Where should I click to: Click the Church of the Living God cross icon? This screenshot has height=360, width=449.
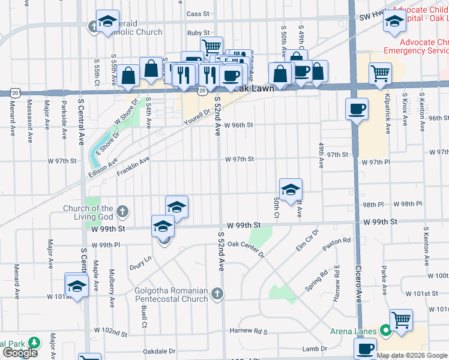tap(122, 211)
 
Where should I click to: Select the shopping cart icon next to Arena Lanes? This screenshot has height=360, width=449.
tap(401, 319)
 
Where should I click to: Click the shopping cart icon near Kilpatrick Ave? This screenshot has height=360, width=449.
tap(381, 74)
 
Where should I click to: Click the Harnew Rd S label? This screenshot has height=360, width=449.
tap(248, 331)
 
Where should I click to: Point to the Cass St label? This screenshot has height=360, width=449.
tap(197, 13)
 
